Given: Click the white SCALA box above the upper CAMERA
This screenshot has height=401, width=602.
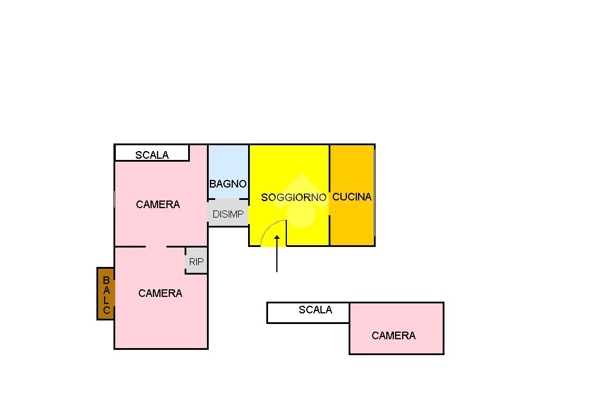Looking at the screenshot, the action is click(152, 153).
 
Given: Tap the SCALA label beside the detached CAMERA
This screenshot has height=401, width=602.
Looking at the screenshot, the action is click(315, 310).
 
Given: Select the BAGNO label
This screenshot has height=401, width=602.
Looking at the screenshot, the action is click(228, 184).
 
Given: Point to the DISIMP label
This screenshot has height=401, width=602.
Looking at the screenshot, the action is click(228, 215).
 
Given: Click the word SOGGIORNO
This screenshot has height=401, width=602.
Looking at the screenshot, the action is click(293, 198).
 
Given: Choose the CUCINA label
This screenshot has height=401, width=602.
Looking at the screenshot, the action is click(352, 197).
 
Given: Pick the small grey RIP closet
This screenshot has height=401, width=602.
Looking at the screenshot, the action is click(196, 262).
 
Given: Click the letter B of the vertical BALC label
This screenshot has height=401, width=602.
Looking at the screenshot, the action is click(106, 280).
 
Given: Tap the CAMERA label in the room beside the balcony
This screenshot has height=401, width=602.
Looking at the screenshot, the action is click(160, 293).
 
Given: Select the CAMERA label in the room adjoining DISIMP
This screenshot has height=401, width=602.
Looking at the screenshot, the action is click(158, 205).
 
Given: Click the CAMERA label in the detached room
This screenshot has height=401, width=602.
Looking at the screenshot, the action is click(393, 336).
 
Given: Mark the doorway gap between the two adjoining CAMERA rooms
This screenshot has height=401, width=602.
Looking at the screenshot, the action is click(156, 246).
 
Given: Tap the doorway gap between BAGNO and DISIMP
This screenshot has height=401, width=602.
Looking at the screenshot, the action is click(228, 199).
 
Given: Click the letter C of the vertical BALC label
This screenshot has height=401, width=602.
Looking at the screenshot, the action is click(106, 310).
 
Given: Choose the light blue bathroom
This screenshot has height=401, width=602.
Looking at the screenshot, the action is click(228, 165).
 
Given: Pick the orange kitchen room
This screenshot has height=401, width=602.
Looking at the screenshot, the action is click(352, 223).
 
